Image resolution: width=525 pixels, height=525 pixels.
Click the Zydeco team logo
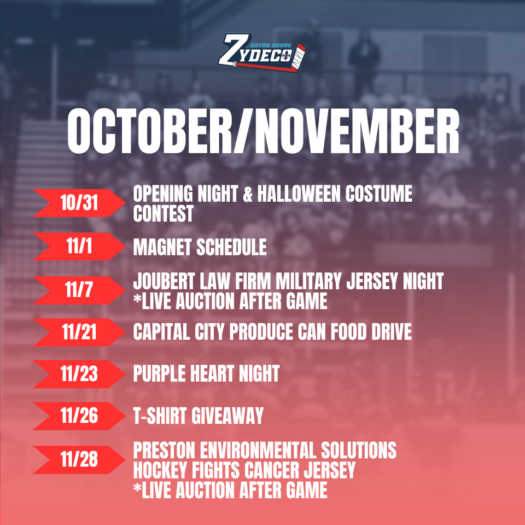[x=262, y=52]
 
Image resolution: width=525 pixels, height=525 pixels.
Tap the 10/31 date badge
[x=79, y=203]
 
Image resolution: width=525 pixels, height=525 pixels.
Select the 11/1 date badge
[x=79, y=246]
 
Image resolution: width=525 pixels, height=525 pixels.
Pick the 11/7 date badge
[x=79, y=290]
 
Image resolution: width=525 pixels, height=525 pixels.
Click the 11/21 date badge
[x=79, y=332]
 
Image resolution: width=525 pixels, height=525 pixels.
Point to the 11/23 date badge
[x=79, y=374]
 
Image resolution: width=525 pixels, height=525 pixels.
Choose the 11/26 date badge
[x=79, y=416]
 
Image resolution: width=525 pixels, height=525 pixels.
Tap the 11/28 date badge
[x=79, y=459]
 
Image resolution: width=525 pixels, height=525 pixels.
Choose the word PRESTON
[x=164, y=450]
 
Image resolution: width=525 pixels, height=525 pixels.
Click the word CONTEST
[x=164, y=213]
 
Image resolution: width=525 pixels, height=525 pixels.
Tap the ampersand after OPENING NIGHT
[x=247, y=194]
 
